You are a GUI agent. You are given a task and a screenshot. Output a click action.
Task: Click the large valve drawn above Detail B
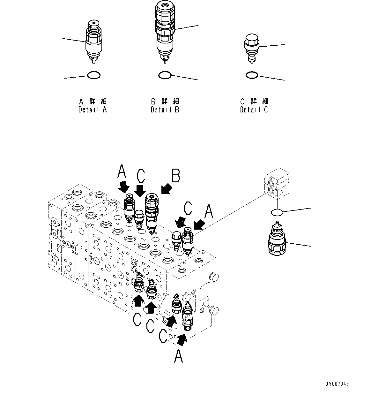[165, 29]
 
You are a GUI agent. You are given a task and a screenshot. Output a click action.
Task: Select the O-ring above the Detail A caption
[94, 75]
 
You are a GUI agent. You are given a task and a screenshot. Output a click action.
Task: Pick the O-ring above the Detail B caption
[165, 75]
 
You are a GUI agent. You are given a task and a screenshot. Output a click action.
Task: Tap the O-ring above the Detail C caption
[252, 75]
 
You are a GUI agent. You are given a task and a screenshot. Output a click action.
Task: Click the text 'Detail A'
[93, 110]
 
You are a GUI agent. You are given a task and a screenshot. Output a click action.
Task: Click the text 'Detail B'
[165, 110]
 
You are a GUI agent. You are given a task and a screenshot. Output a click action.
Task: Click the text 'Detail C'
[254, 110]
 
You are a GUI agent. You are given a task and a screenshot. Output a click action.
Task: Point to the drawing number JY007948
[338, 384]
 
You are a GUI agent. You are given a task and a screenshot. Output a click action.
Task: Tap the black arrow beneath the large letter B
[167, 189]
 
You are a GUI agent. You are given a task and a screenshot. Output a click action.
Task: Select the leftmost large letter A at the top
[122, 171]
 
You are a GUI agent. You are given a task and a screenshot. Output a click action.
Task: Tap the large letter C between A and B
[141, 176]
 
